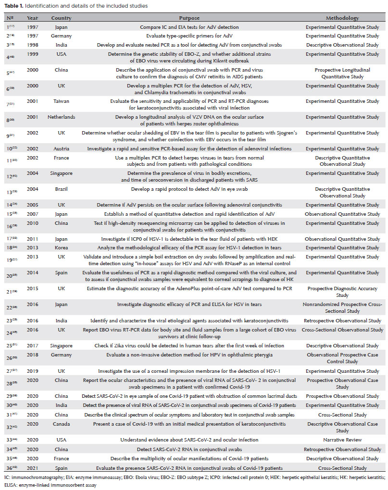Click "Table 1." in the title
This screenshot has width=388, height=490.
click(16, 6)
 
